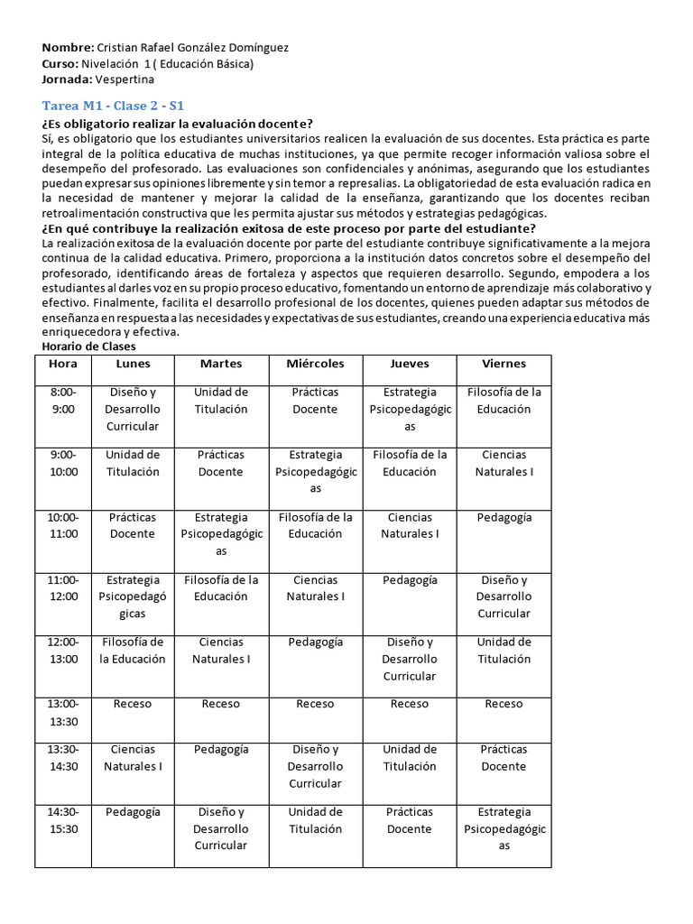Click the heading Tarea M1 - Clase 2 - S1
113,106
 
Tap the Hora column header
63,364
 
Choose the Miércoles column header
315,364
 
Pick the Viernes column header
504,364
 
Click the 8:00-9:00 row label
63,401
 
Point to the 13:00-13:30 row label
63,712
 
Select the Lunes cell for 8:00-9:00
133,409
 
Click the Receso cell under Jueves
409,704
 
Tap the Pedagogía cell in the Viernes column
504,518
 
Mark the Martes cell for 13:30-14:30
221,749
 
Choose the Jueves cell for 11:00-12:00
409,580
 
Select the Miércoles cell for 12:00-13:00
315,642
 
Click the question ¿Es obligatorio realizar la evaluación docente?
177,124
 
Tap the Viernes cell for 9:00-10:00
504,463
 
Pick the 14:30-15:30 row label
63,820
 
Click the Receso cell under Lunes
133,704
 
